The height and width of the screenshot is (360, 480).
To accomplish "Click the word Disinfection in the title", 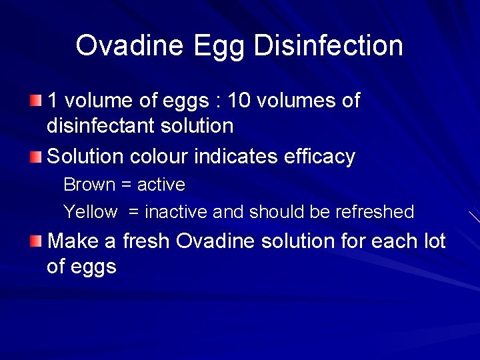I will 328,46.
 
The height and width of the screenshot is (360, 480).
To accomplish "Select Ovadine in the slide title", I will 130,46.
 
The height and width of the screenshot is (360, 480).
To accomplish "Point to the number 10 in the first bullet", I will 238,101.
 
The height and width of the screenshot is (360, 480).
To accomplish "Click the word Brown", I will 89,184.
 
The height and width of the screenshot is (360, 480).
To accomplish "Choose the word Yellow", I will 90,212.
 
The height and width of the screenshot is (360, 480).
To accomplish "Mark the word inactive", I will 176,212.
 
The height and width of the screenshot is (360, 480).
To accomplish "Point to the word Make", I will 73,240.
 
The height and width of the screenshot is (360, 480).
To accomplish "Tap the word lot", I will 433,240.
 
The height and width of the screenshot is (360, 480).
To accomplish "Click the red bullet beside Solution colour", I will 35,157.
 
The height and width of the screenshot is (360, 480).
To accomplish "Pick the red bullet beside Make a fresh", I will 35,240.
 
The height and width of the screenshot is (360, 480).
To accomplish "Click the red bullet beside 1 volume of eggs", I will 35,101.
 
